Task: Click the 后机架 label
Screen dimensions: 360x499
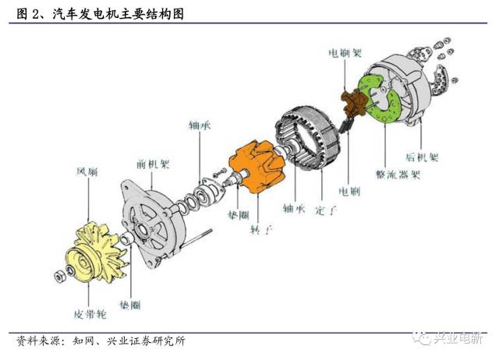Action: [x=422, y=157]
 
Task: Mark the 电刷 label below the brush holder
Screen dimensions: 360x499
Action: [x=348, y=189]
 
